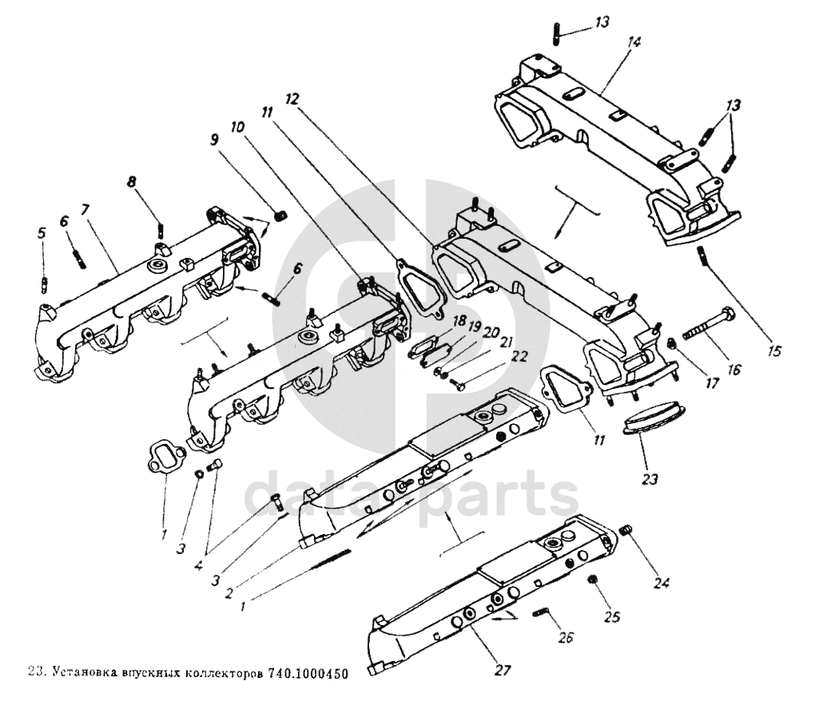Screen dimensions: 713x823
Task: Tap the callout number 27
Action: point(502,668)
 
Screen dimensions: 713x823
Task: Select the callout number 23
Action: point(650,480)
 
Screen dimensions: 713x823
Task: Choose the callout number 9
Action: point(213,139)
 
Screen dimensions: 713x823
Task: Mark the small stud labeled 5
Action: point(45,283)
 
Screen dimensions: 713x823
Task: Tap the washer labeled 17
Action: point(673,344)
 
